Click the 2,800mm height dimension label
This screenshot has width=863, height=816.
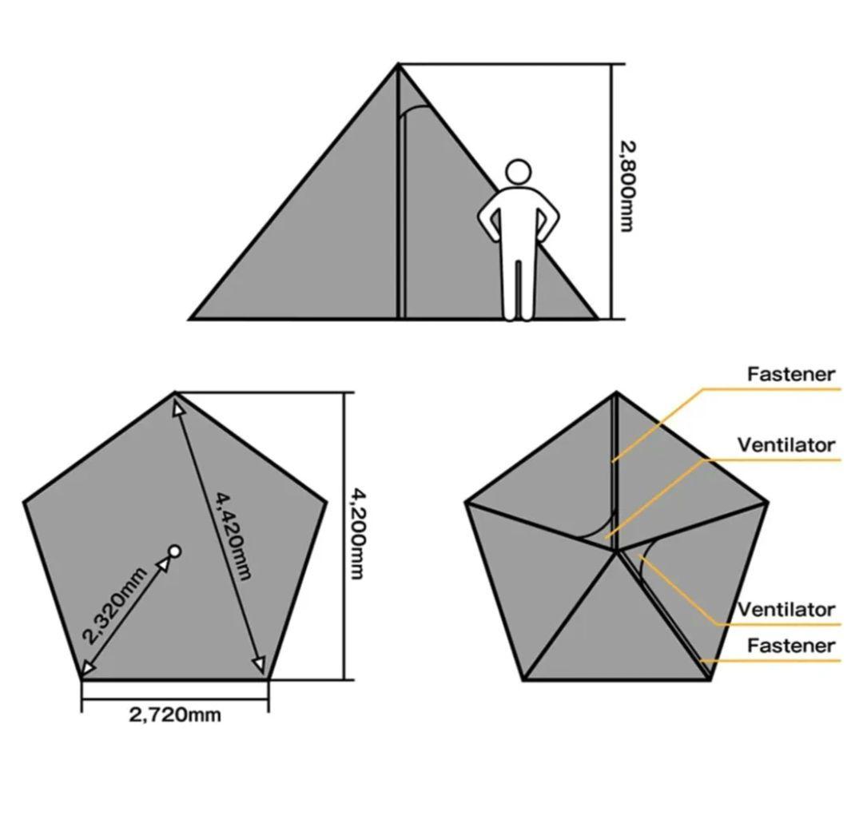pos(627,187)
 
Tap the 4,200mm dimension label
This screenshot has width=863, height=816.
pos(358,534)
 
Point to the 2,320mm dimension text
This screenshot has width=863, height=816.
pos(114,605)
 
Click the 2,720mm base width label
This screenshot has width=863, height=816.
pos(175,715)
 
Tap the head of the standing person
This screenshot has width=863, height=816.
pos(518,173)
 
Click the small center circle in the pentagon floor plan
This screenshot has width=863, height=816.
pos(174,551)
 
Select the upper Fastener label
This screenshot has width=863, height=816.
pos(791,374)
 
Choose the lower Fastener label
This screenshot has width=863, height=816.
pos(791,645)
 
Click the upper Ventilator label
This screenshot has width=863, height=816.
pos(786,445)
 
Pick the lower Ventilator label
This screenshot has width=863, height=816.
pos(786,610)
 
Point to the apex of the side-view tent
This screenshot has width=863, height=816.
pos(398,65)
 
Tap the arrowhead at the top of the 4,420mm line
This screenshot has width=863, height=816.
pos(177,408)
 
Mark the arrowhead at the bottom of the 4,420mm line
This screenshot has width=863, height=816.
pos(259,665)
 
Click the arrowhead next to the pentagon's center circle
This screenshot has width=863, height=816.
pos(165,565)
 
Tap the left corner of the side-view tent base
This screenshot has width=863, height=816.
pos(190,318)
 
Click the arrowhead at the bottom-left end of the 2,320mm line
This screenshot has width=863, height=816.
pos(88,668)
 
